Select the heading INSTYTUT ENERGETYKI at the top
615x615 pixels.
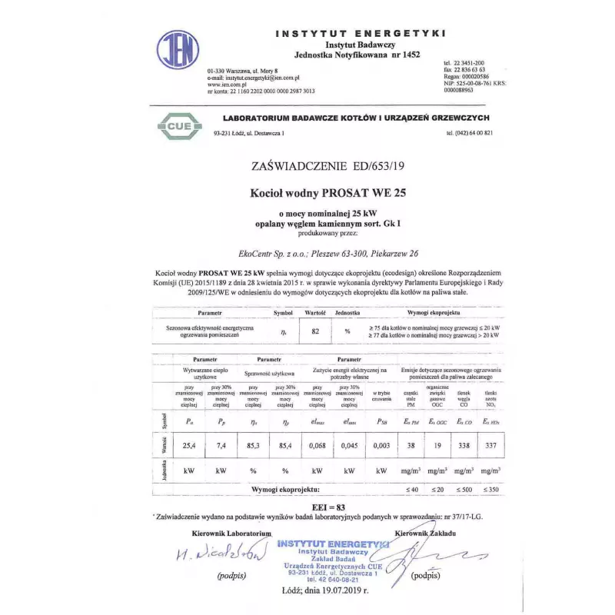(x=361, y=35)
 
